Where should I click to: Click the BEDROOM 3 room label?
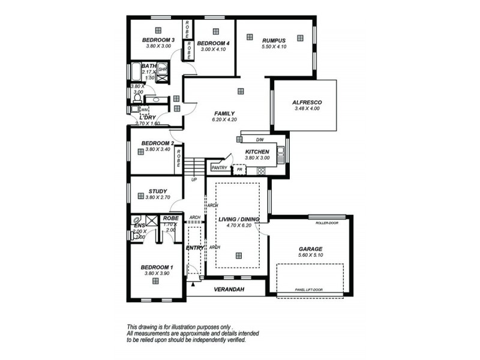[158, 40]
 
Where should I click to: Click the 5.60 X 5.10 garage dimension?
[310, 255]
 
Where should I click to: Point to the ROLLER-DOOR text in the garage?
[327, 222]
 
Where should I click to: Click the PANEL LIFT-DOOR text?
[309, 290]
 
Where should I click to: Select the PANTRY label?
[219, 168]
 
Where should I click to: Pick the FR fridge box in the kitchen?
[239, 170]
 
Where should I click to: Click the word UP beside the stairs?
[194, 179]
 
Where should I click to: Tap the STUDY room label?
[158, 191]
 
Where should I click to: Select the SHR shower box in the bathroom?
[162, 70]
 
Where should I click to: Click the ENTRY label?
[194, 247]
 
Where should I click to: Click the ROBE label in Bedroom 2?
[179, 160]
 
